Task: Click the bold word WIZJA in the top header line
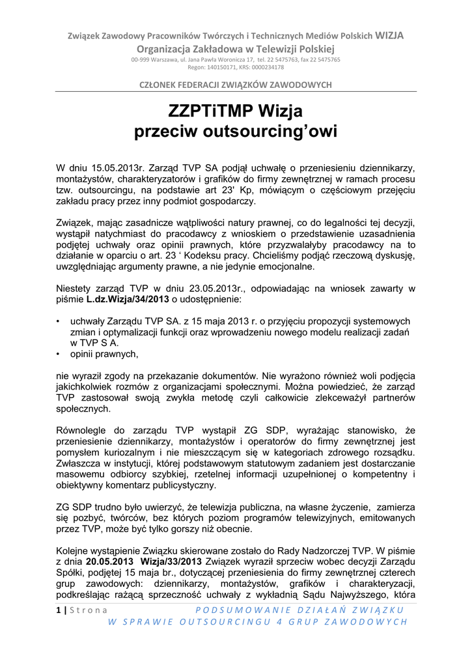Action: [x=389, y=36]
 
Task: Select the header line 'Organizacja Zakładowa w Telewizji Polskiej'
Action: [x=236, y=49]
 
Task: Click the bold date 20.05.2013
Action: [x=110, y=561]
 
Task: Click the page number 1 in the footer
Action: [x=58, y=610]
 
